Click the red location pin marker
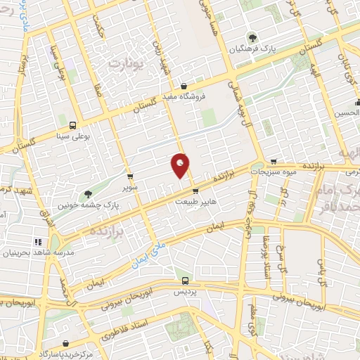pyautogui.click(x=181, y=165)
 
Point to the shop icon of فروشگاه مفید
pyautogui.click(x=184, y=86)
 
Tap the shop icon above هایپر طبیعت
pyautogui.click(x=195, y=190)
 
